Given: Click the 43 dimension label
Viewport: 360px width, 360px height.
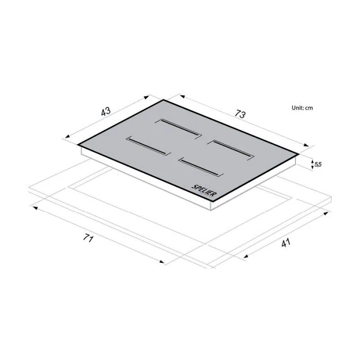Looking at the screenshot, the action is point(106,111).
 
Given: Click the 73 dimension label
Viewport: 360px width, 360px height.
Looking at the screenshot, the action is point(240,114).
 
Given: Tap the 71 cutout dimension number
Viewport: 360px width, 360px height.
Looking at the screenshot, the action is point(88,238).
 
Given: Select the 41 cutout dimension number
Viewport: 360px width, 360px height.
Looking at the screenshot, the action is point(286,243).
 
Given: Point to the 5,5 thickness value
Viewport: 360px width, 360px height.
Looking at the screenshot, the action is point(318,164).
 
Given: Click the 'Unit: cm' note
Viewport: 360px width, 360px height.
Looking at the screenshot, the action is point(302,108).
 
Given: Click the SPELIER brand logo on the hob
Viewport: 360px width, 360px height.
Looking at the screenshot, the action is point(204,190).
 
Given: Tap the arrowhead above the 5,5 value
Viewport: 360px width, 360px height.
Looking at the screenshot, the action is point(312,162).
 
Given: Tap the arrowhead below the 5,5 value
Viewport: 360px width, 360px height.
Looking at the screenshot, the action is point(312,168).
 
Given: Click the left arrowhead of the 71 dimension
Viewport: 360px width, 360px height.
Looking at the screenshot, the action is point(36,208).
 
